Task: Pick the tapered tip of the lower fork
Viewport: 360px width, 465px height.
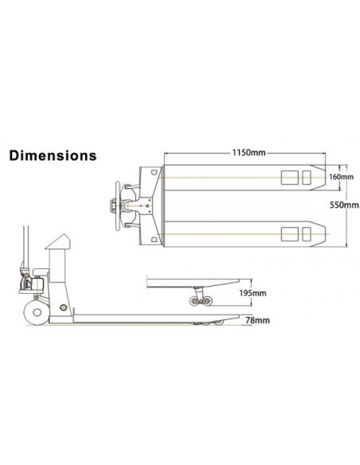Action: point(317,232)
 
